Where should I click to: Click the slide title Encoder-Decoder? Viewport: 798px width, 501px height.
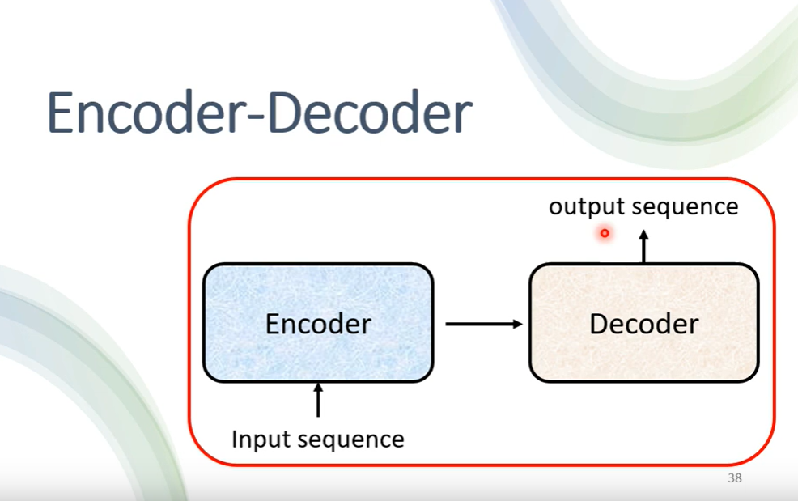click(x=259, y=113)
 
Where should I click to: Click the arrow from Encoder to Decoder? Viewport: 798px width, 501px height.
click(x=483, y=324)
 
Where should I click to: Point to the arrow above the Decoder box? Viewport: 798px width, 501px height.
click(x=644, y=246)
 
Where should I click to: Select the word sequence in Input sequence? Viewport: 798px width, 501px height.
click(x=351, y=440)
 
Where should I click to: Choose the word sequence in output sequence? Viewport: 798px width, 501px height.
click(x=685, y=208)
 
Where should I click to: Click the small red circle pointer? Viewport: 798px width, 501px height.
click(x=604, y=234)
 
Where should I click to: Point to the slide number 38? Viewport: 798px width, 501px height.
click(x=734, y=478)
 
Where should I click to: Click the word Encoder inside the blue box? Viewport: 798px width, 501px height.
click(x=318, y=324)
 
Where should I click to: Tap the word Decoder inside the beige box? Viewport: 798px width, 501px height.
click(x=643, y=324)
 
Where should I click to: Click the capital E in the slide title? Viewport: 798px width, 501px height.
click(x=62, y=113)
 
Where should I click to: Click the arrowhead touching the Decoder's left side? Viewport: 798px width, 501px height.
click(x=517, y=324)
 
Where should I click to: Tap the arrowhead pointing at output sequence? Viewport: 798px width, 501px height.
click(x=644, y=235)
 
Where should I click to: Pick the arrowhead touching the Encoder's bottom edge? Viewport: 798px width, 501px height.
click(x=318, y=388)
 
